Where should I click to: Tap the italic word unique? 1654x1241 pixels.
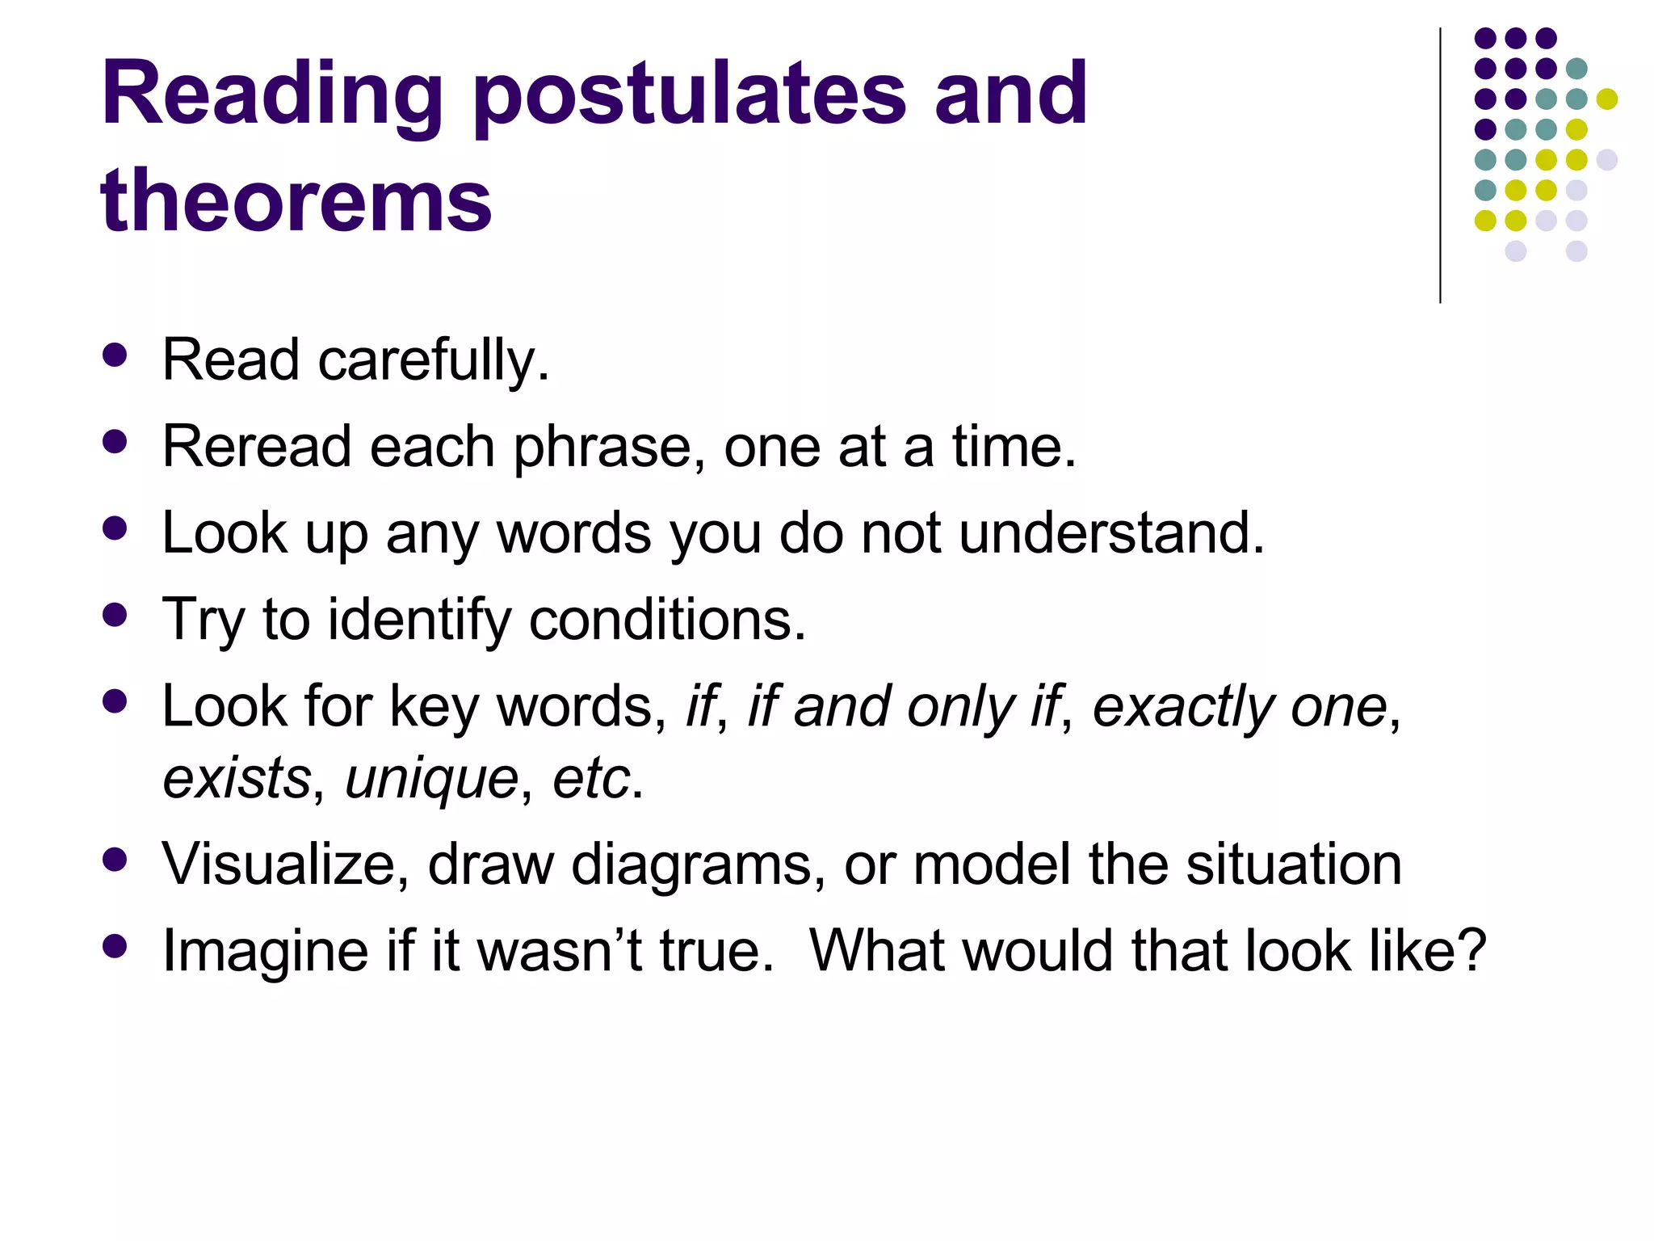(431, 778)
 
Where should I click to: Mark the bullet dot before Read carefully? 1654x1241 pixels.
(115, 355)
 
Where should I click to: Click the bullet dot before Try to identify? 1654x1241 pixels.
(115, 616)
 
